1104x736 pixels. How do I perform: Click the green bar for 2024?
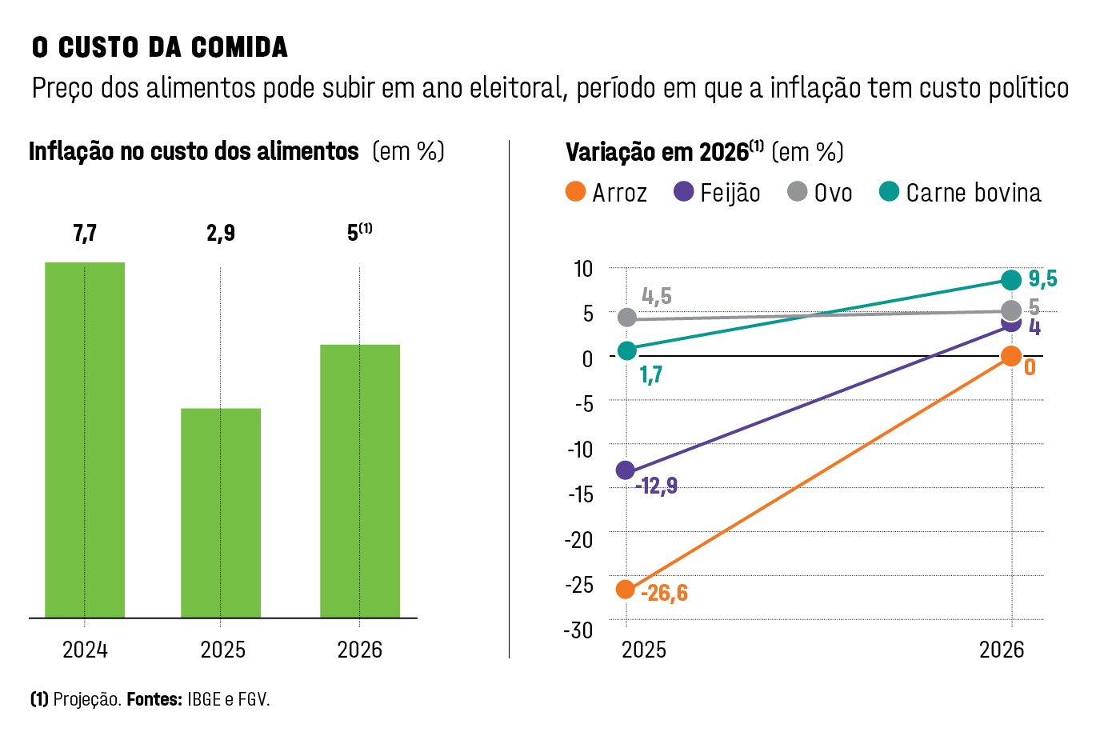85,440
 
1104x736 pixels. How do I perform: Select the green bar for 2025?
221,513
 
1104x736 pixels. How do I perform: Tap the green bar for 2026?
360,481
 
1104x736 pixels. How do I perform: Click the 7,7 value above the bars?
85,233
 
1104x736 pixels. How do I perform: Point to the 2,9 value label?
221,233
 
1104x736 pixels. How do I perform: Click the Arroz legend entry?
606,193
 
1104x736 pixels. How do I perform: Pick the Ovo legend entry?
820,193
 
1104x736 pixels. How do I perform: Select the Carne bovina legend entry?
960,193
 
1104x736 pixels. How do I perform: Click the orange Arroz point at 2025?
626,590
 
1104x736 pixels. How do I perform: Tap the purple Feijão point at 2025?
626,470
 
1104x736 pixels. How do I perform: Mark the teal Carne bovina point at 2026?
1011,280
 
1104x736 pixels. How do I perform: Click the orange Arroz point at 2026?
1011,356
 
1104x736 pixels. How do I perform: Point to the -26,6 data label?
664,594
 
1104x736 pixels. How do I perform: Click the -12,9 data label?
656,486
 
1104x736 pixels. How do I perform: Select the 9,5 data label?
1042,278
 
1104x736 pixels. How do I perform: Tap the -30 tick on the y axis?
579,630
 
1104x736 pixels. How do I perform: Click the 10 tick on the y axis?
583,269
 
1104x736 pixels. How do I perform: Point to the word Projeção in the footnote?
87,700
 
